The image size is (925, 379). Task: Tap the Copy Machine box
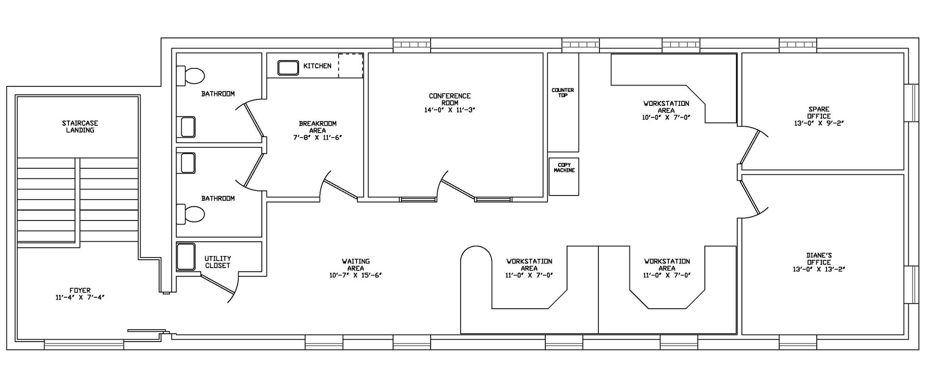564,177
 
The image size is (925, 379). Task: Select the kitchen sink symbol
288,67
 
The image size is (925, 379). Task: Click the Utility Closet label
217,262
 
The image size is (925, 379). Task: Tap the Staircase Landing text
80,127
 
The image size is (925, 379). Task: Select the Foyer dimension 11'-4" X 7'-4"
80,298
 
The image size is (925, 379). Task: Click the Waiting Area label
356,268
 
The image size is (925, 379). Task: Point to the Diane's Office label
819,259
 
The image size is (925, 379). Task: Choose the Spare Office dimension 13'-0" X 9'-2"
819,123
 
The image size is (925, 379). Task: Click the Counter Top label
563,92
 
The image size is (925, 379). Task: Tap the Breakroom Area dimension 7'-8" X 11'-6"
317,137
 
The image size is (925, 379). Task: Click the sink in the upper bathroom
188,127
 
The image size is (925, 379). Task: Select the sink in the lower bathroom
188,163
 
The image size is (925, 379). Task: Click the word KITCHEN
317,66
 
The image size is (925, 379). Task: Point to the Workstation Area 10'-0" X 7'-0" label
666,110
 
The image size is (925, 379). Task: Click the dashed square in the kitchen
351,66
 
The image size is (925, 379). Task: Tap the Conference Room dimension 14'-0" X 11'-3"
450,110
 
